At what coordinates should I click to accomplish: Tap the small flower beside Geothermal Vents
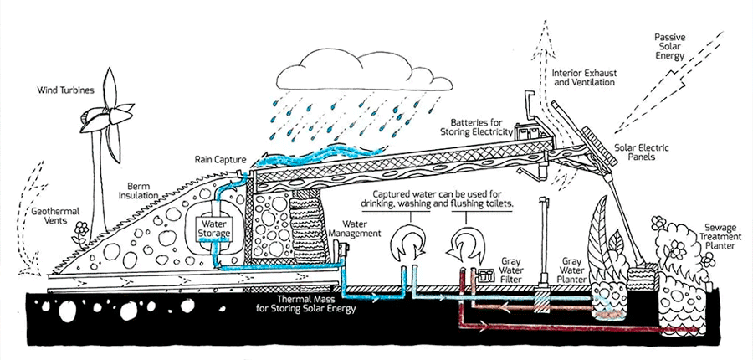coord(81,229)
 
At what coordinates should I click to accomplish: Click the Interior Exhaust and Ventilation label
coord(586,77)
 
